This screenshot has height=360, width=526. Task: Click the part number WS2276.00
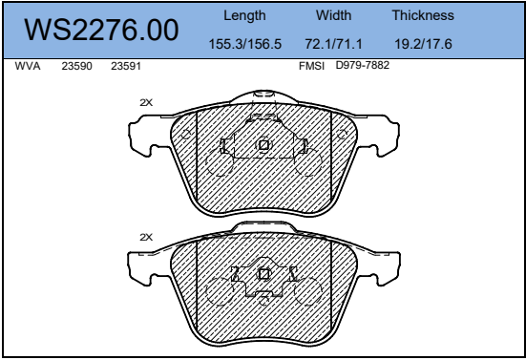(x=101, y=30)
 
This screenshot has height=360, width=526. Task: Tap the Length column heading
(x=244, y=16)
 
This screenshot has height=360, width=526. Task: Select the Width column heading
(x=333, y=15)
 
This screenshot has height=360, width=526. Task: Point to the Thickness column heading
(x=423, y=15)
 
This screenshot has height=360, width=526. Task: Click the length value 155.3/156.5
(x=245, y=44)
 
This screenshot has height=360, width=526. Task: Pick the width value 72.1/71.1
(x=333, y=44)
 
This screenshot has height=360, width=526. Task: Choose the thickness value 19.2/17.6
(x=423, y=44)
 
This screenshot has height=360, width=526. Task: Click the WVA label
(x=28, y=66)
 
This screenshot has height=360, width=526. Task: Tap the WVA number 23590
(x=76, y=66)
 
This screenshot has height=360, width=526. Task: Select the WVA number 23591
(x=126, y=66)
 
